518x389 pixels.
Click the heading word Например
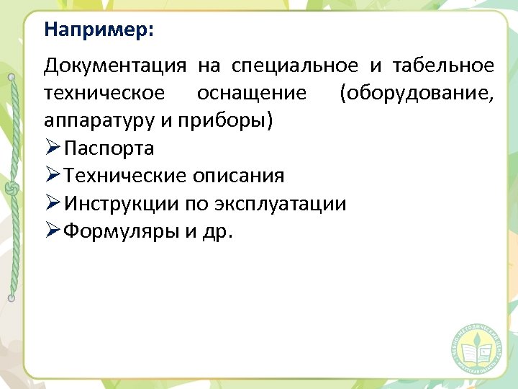[99, 30]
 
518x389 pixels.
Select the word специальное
[294, 66]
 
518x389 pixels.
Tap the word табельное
[443, 66]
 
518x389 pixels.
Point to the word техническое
[104, 94]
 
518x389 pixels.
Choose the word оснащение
[251, 94]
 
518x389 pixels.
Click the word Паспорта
[109, 148]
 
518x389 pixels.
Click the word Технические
[125, 176]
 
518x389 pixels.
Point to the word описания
[238, 176]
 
